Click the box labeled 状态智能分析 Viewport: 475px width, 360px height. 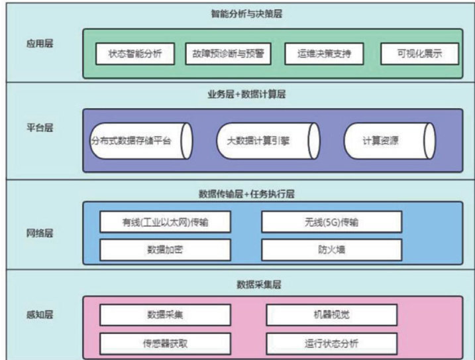point(134,54)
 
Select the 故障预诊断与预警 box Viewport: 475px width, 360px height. point(228,54)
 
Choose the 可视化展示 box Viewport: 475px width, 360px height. point(419,54)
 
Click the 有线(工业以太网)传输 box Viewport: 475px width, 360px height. point(166,221)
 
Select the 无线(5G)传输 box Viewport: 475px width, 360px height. point(331,221)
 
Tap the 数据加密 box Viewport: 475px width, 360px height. point(166,250)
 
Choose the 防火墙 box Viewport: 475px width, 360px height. point(331,250)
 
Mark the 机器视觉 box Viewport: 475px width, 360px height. point(331,314)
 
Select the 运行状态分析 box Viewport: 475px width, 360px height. point(331,343)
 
